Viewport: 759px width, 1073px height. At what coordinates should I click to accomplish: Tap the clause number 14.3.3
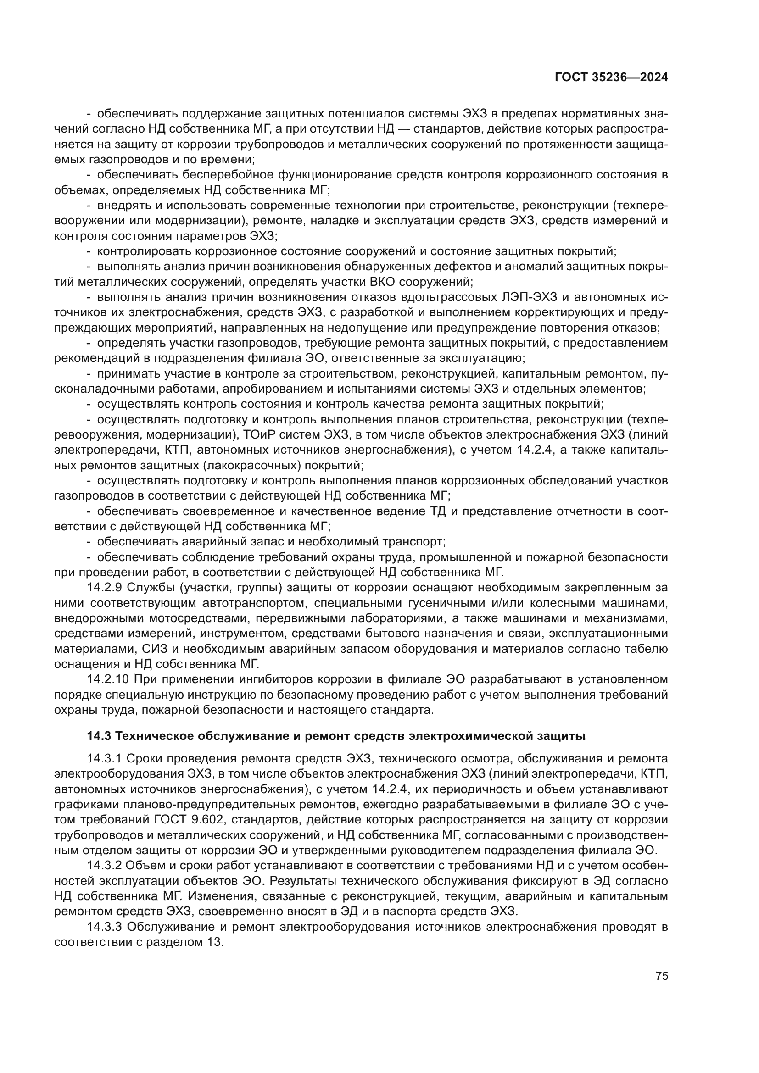(105, 926)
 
